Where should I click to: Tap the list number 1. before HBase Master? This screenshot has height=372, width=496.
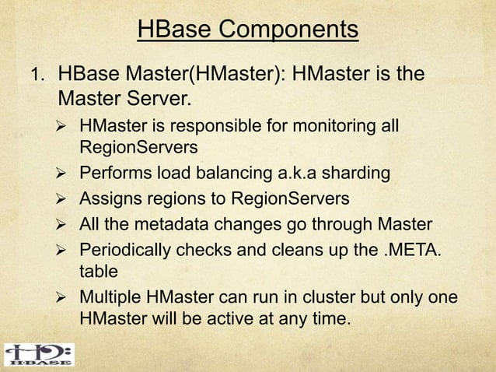point(37,76)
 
